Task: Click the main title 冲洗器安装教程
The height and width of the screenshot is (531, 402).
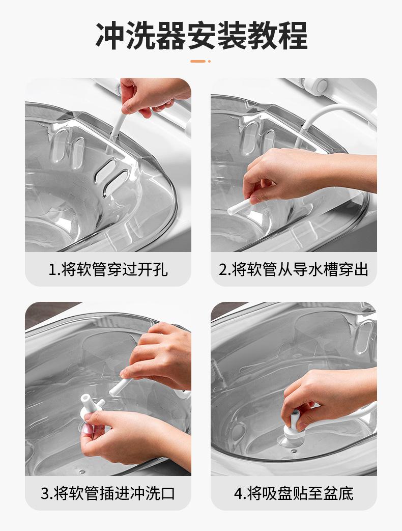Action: tap(202, 36)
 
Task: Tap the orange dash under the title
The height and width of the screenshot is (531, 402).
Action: tap(198, 61)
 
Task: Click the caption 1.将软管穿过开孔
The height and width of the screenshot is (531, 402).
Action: tap(108, 269)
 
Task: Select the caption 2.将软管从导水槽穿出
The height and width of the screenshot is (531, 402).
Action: tap(294, 269)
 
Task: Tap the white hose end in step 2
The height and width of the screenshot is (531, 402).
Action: tap(239, 207)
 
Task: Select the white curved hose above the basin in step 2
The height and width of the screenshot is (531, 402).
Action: tap(322, 115)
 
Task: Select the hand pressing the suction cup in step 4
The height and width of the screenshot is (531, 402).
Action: tap(325, 396)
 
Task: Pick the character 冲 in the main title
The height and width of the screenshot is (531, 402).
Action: tap(110, 36)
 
